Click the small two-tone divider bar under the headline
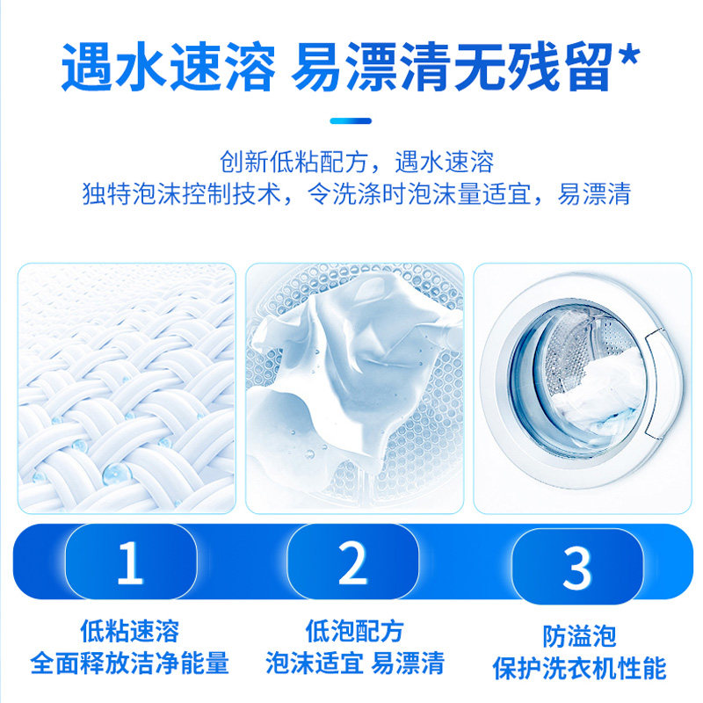(x=351, y=120)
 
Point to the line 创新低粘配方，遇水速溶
(x=356, y=163)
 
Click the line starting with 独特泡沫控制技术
(x=356, y=193)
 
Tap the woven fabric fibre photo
(x=127, y=388)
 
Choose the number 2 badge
(x=352, y=563)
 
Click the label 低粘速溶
(x=129, y=630)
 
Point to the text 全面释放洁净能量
(x=129, y=663)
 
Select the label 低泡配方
(x=354, y=630)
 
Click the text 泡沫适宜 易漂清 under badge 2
(x=354, y=663)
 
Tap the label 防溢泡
(x=579, y=635)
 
